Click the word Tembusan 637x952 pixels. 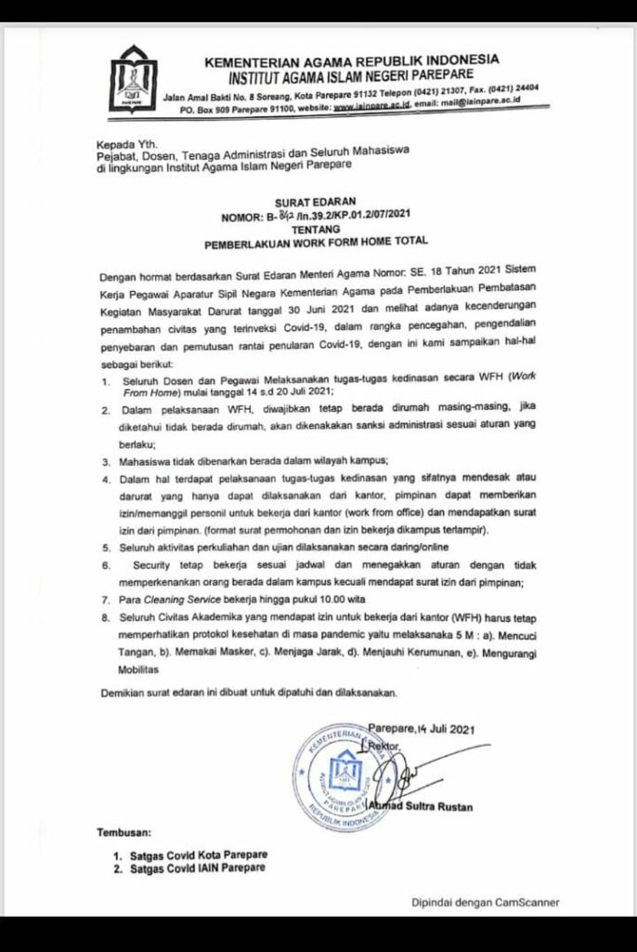[x=129, y=833]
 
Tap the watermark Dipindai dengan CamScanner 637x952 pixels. [x=486, y=901]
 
